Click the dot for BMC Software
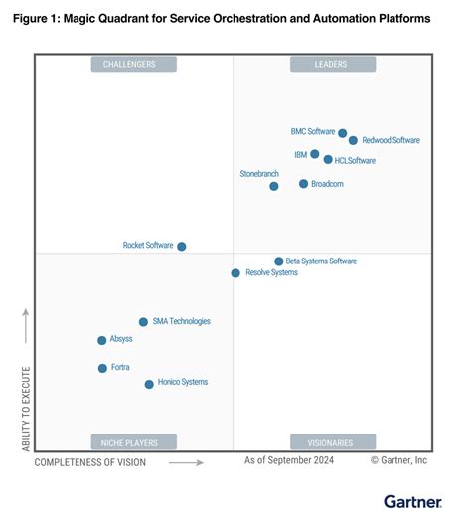(343, 133)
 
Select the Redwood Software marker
(353, 141)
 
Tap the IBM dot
(315, 154)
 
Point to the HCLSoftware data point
(328, 159)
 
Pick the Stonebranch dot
(274, 186)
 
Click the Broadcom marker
(304, 184)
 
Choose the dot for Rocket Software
(182, 246)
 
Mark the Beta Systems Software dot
(279, 261)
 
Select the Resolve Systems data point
(235, 273)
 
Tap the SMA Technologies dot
(143, 322)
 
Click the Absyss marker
(102, 340)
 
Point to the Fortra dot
(102, 368)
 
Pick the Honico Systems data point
(149, 384)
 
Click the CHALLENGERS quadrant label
(134, 65)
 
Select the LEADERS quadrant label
(333, 65)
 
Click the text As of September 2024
(289, 461)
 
